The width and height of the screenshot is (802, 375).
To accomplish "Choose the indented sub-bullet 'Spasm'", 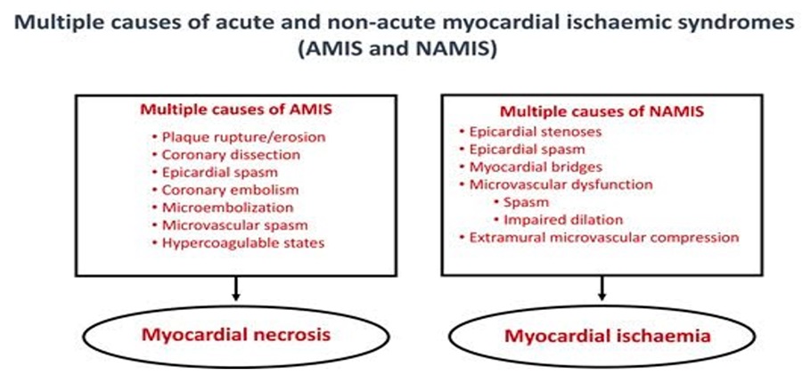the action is click(x=521, y=202).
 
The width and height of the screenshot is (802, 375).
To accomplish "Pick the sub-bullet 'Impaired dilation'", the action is click(x=558, y=220).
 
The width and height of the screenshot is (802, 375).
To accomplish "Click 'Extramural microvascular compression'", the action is click(x=599, y=238).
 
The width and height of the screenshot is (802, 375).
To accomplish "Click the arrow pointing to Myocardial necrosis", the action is click(x=235, y=289).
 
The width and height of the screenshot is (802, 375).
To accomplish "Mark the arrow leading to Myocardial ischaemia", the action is click(x=602, y=288).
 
